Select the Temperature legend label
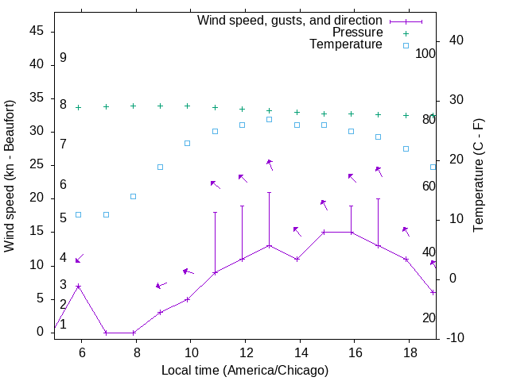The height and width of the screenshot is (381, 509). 346,44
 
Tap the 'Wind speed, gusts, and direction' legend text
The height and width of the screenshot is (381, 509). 290,20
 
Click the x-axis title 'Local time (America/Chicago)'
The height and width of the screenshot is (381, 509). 245,370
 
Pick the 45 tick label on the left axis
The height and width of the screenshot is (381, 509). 36,31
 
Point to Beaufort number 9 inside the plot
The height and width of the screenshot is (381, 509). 63,58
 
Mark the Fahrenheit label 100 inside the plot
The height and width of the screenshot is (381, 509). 426,54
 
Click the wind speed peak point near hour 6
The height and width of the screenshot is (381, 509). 78,286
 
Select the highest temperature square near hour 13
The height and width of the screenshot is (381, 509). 269,119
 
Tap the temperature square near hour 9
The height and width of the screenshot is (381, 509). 160,167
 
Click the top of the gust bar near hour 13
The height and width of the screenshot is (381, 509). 269,192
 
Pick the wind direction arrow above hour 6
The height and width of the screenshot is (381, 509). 79,259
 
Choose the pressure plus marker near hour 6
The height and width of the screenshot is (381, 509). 78,107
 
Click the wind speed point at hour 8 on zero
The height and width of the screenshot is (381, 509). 133,333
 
